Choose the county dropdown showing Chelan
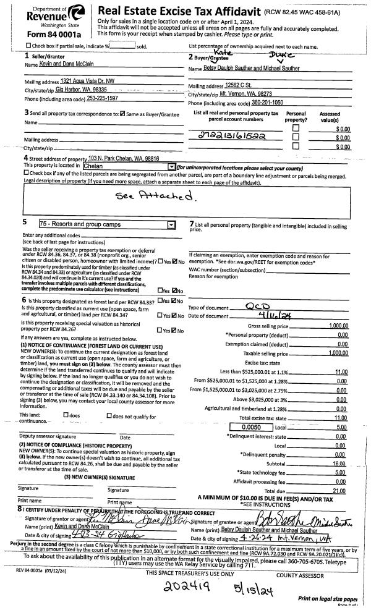tap(130, 166)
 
